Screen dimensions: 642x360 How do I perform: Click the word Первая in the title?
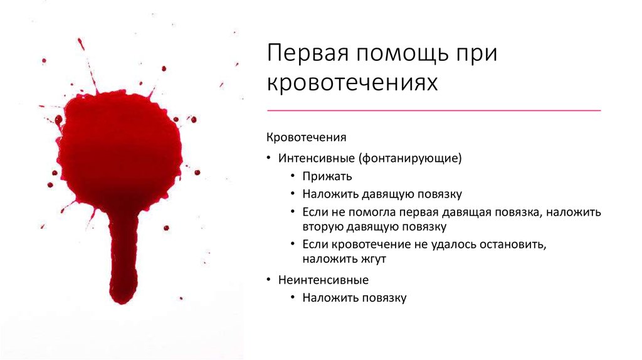pos(308,53)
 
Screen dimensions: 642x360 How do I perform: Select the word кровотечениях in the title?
pos(352,82)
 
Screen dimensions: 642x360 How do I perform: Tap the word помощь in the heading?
pos(403,54)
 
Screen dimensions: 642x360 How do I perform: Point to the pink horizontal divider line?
pos(434,110)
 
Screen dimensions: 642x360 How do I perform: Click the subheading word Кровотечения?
pos(306,137)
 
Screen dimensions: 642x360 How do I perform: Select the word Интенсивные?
pos(317,158)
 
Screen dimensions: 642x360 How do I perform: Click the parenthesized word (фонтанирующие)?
pos(410,159)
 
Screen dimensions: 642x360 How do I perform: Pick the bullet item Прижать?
pos(327,176)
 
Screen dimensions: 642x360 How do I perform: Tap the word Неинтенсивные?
pos(324,280)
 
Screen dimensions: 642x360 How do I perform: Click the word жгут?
pos(374,259)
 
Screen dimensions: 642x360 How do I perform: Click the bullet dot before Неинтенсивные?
pos(269,280)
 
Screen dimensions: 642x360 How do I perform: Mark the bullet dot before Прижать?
pos(293,176)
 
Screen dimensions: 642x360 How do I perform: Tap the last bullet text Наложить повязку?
pos(355,298)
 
